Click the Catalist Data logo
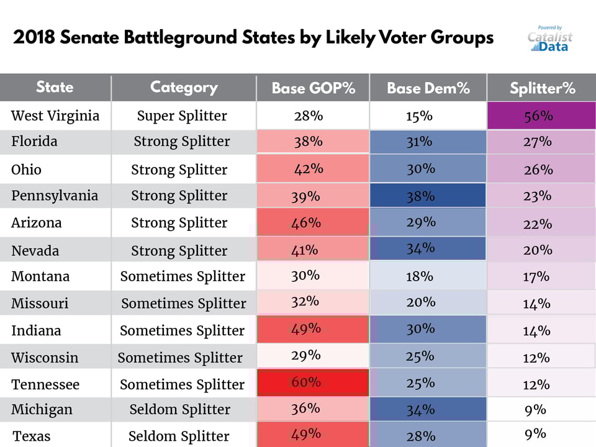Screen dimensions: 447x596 549,39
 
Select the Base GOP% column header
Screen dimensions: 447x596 313,88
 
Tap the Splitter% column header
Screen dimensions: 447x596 542,88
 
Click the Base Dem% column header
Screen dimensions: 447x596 428,88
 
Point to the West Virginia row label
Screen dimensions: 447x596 55,115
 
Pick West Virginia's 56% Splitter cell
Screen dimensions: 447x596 541,116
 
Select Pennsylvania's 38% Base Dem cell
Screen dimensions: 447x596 428,196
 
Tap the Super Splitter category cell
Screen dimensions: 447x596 182,115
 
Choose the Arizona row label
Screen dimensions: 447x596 37,223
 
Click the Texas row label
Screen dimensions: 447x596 31,436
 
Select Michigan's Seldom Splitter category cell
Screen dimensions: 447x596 180,410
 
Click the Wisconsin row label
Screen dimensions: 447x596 45,358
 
